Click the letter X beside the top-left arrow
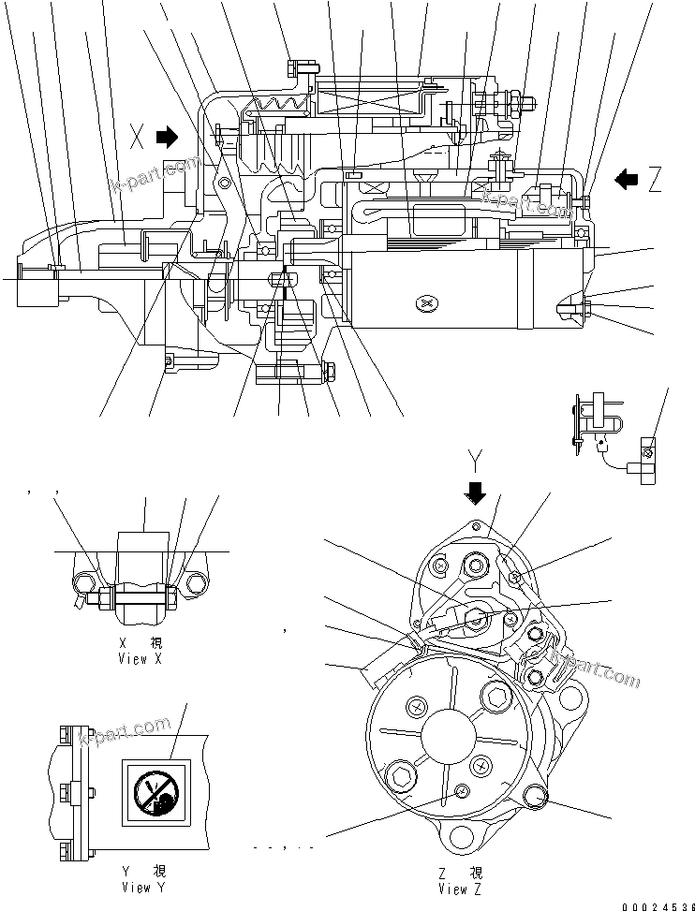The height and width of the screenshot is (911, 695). click(x=138, y=139)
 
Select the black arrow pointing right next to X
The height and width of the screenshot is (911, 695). click(x=166, y=138)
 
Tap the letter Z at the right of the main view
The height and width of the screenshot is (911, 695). click(x=654, y=180)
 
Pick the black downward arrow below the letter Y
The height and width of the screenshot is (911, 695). click(x=476, y=492)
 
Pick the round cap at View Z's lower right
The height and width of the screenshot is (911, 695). click(x=534, y=797)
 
